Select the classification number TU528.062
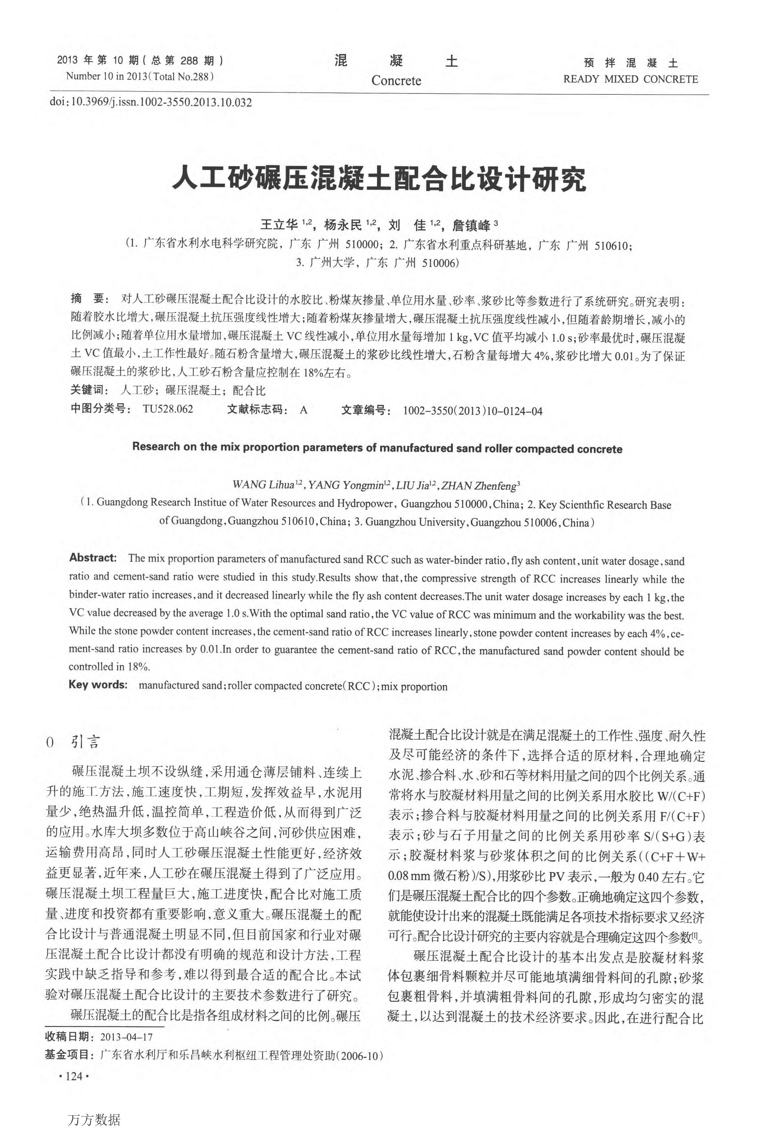168,409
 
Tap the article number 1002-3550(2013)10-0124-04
472,411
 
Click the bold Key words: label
98,685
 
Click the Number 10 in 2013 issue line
140,76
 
